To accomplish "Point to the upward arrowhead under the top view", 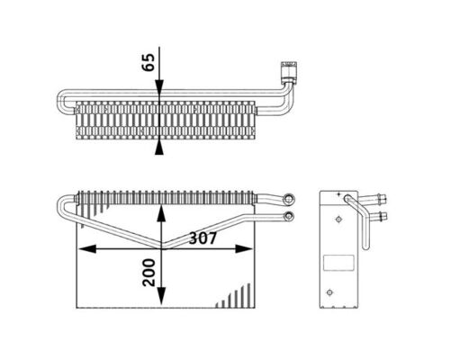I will (x=159, y=147).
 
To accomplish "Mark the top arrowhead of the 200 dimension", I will (x=159, y=211).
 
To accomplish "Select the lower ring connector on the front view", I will (x=290, y=216).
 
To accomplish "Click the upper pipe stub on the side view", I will (x=381, y=200).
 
